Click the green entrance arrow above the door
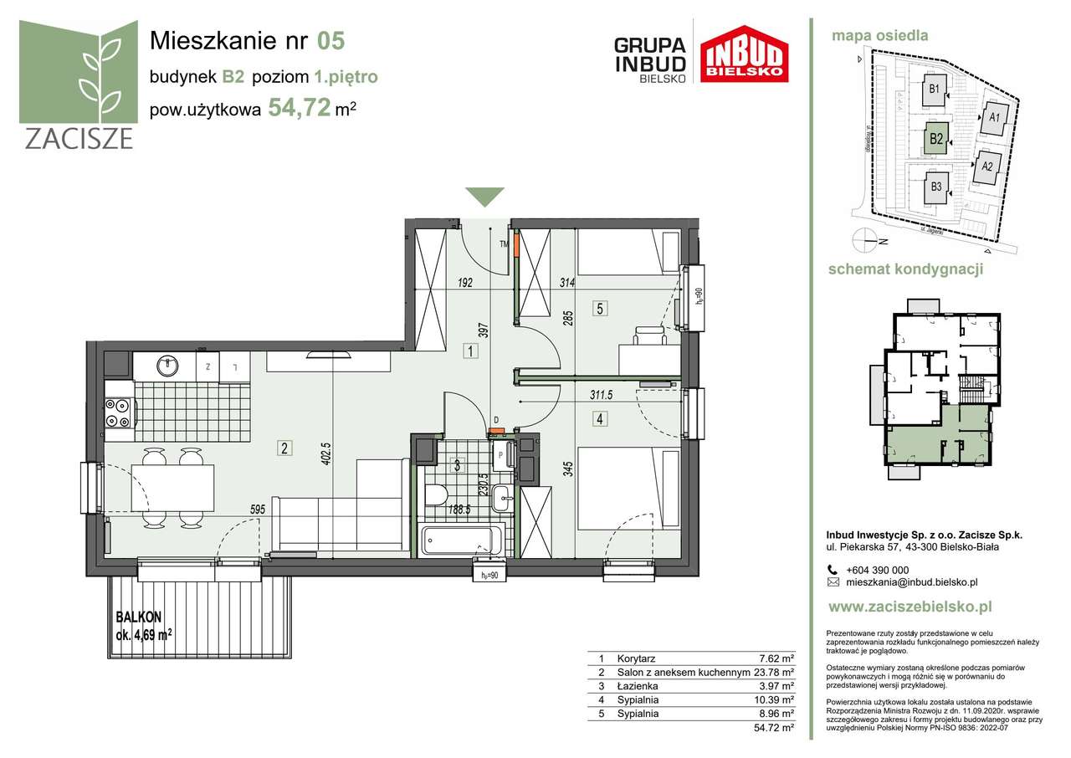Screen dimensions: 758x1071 (x=484, y=197)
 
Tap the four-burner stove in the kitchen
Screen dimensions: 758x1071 (x=118, y=410)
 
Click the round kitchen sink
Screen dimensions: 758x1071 (x=166, y=364)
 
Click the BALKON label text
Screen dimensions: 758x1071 (x=138, y=617)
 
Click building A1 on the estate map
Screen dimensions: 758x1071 (x=994, y=119)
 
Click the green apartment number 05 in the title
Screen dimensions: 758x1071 (x=331, y=39)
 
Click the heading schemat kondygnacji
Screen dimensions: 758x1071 (x=904, y=269)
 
